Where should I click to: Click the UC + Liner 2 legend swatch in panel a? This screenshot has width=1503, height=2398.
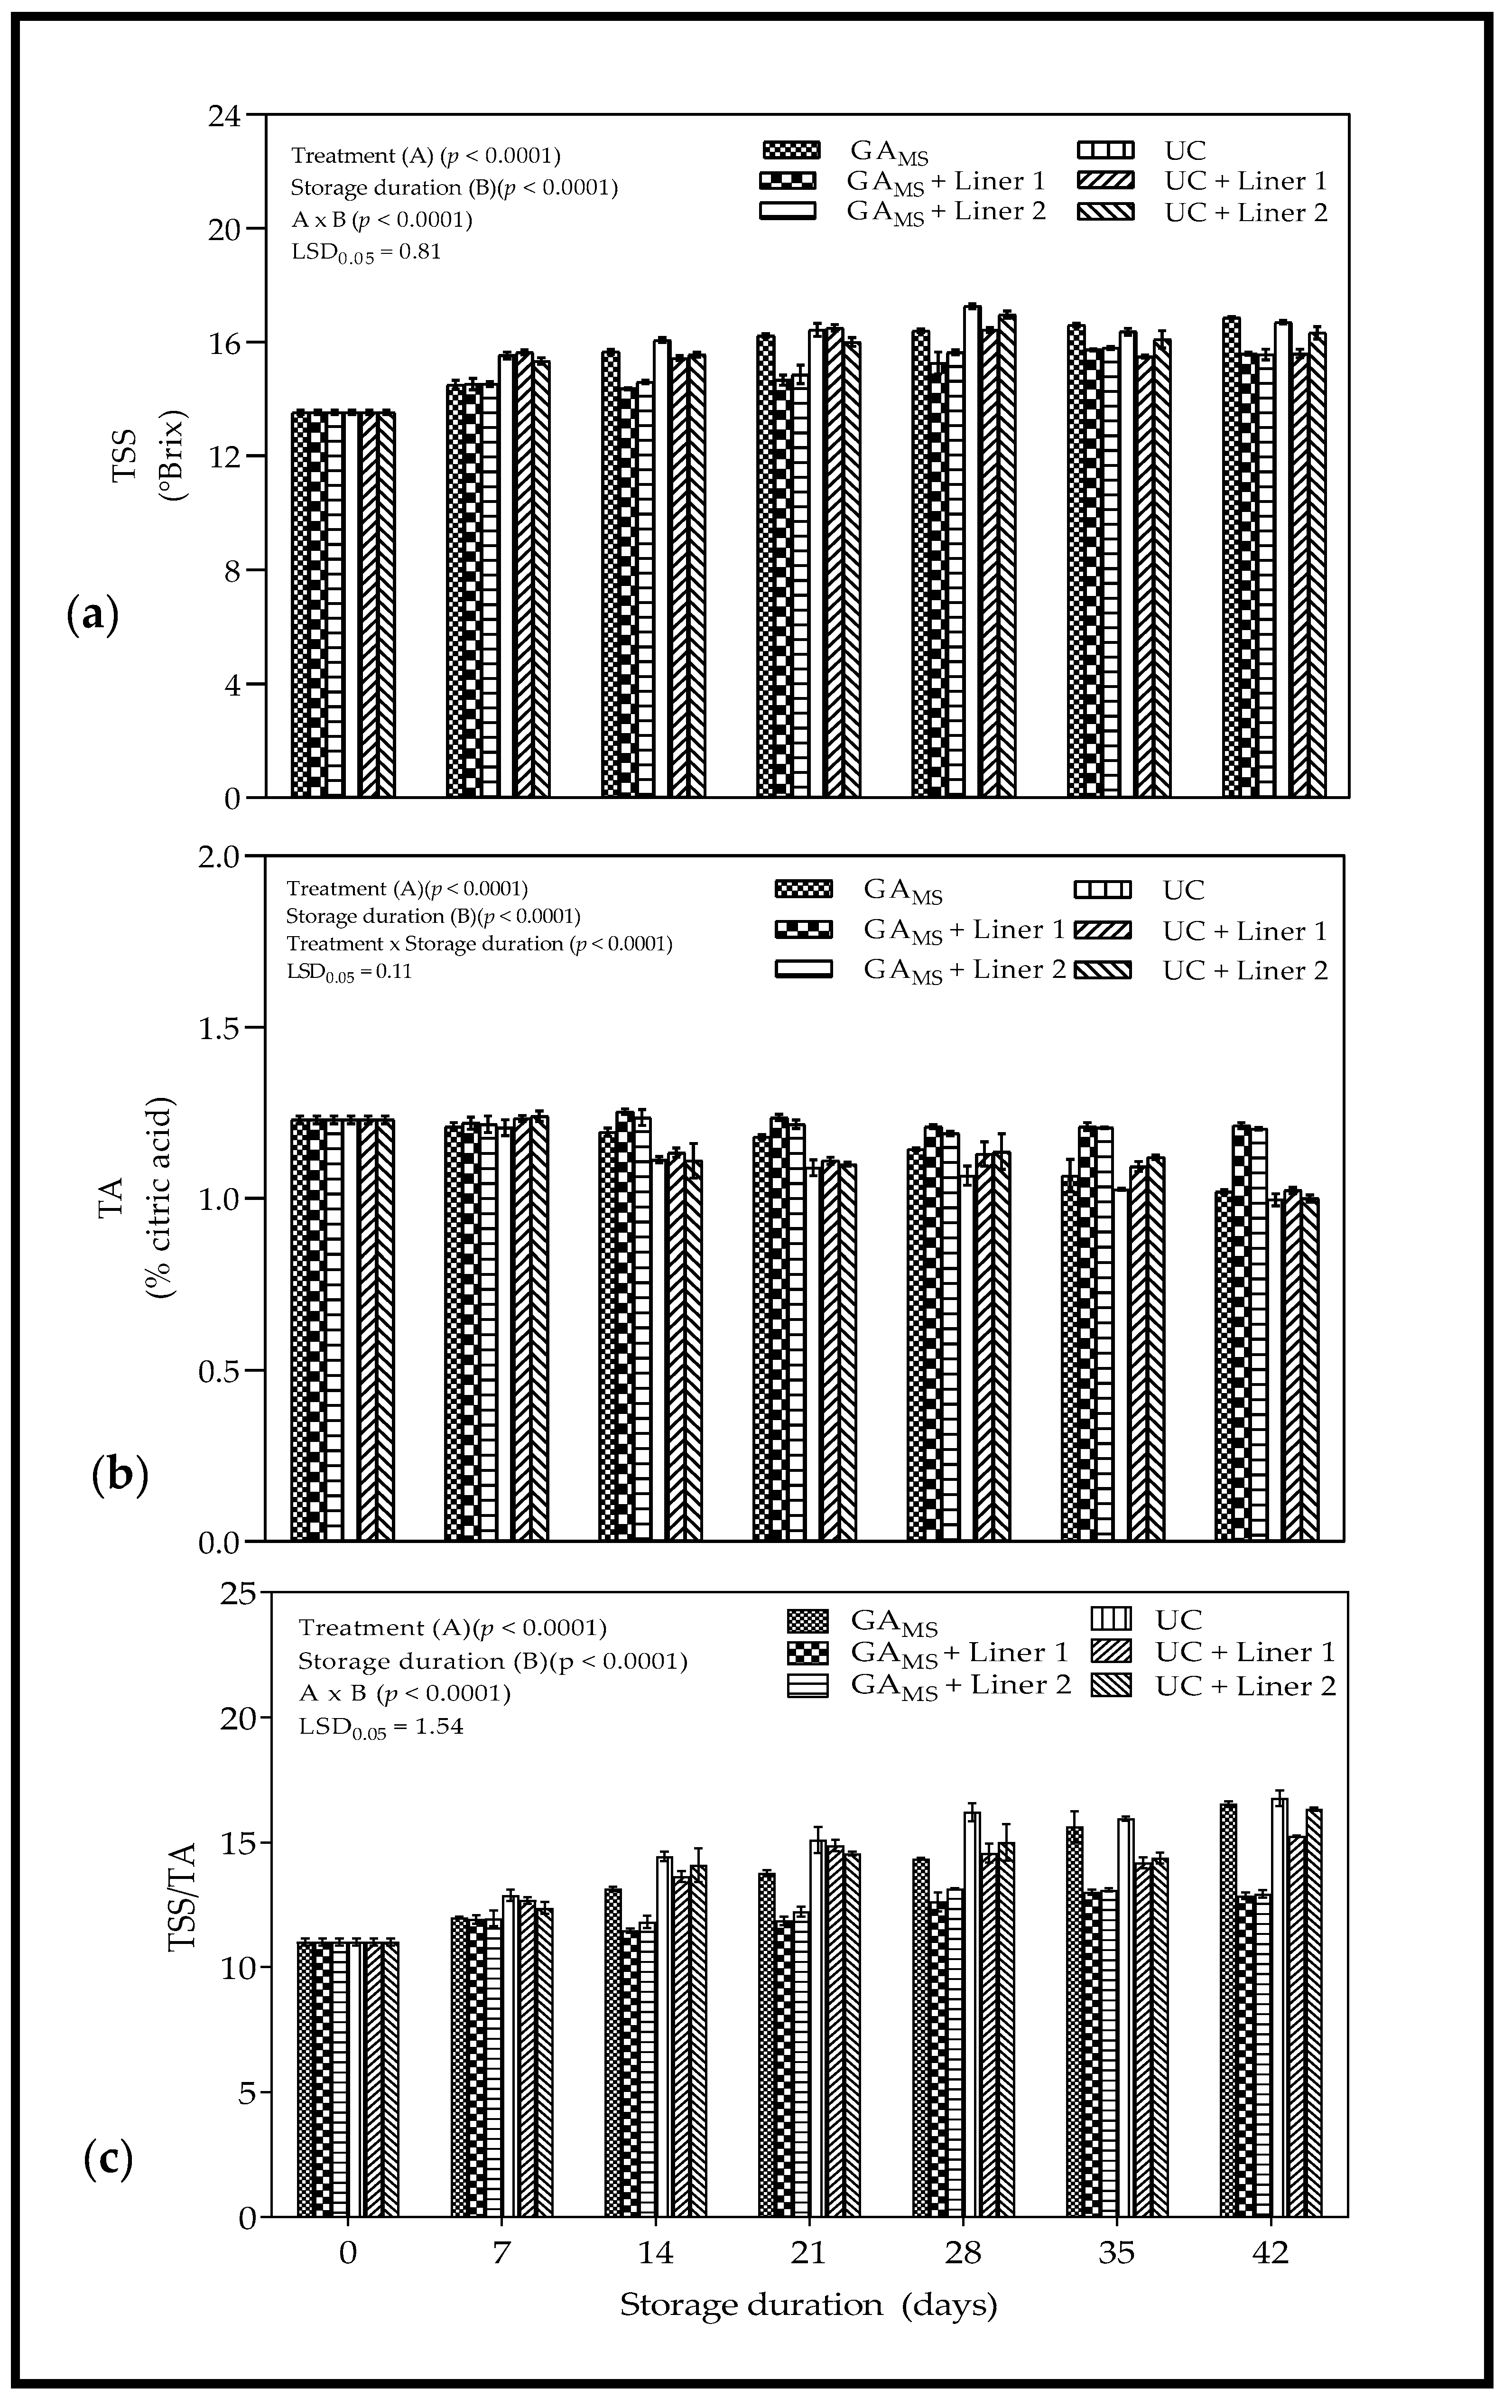tap(1105, 212)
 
